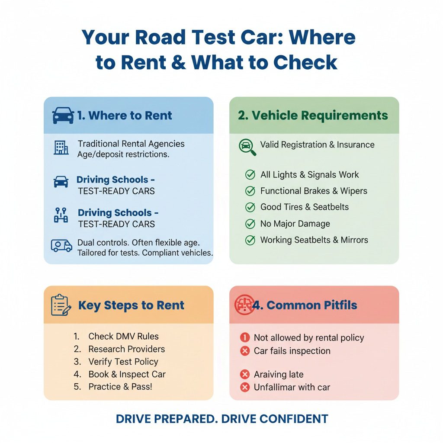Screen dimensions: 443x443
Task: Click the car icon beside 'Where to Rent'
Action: coord(63,116)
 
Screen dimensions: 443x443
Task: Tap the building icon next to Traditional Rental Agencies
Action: coord(61,148)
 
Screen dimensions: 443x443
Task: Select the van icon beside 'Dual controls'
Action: coord(61,246)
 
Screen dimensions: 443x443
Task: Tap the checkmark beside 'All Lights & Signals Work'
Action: coord(250,175)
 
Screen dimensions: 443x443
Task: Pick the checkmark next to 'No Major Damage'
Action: coord(250,224)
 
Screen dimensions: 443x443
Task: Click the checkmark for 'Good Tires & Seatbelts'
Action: coord(250,207)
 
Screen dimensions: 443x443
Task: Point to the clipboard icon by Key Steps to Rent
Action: coord(61,305)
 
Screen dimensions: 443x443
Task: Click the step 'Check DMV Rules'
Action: coord(123,336)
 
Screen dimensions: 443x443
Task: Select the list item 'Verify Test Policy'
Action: coord(123,362)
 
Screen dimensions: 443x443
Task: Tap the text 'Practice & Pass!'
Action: coord(120,387)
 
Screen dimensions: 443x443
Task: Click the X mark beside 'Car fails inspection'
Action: coord(245,351)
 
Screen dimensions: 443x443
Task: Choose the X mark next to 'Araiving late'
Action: coord(245,375)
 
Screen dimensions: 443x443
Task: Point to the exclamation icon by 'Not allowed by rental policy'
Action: coord(245,338)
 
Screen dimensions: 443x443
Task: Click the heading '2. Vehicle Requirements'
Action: coord(313,116)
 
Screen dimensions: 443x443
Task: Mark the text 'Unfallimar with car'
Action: coord(292,387)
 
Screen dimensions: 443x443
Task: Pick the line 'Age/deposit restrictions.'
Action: coord(123,154)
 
